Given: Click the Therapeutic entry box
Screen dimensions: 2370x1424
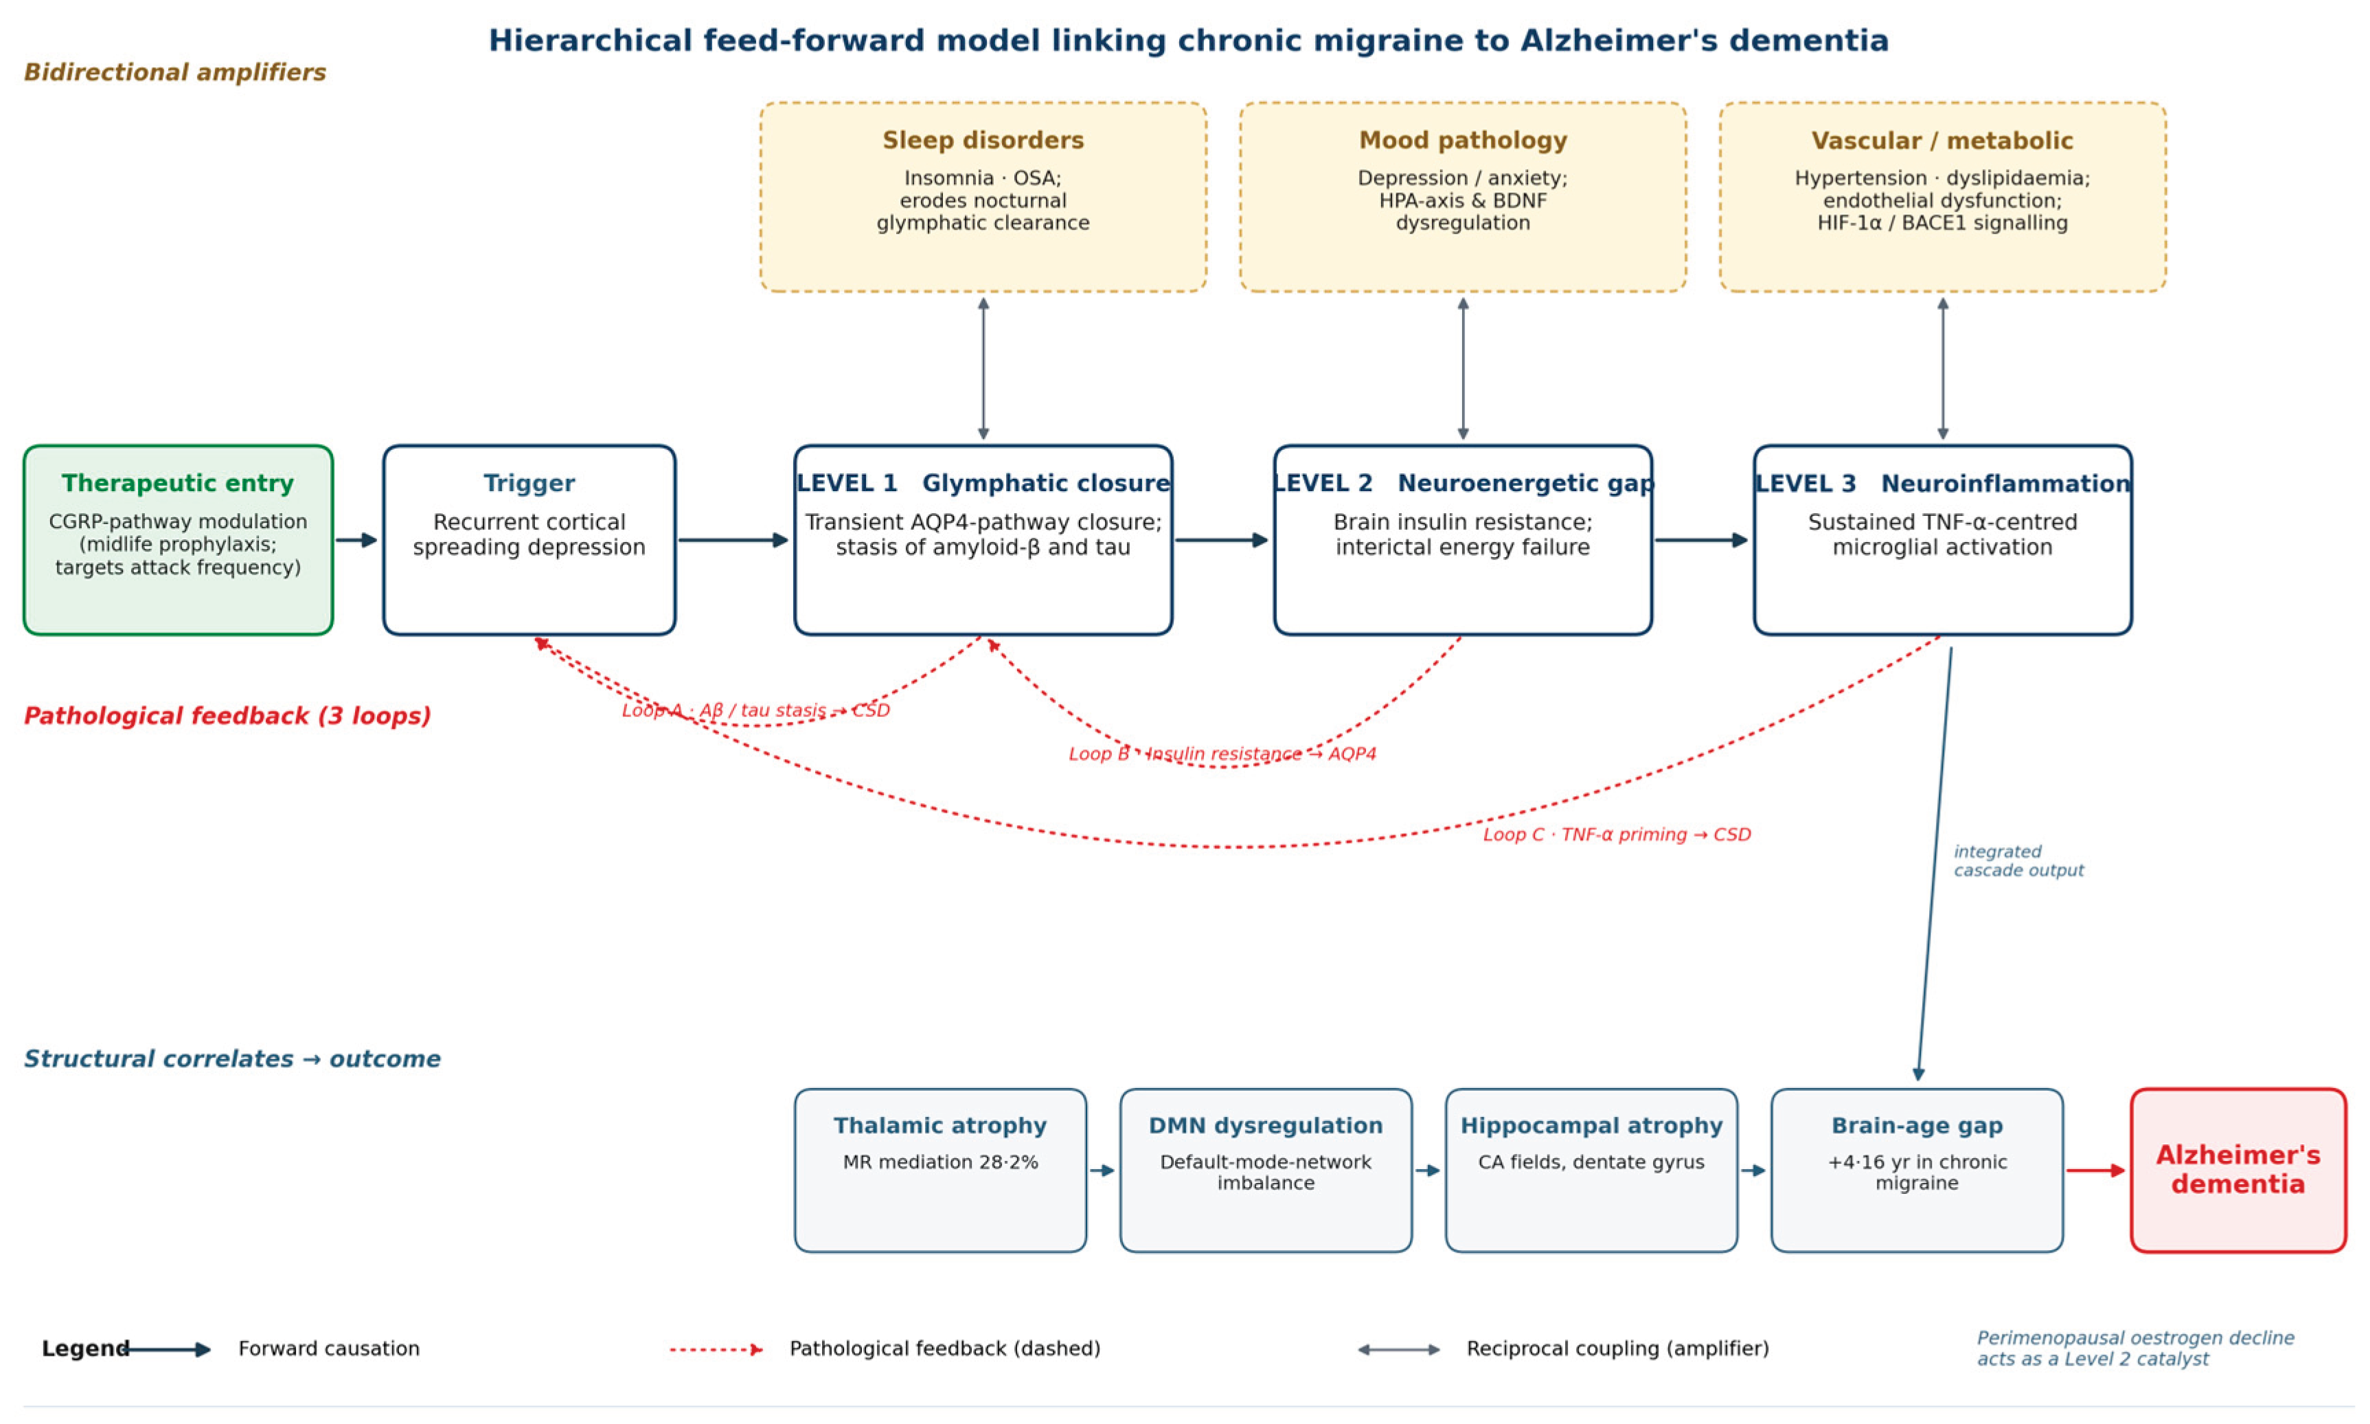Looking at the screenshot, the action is (179, 539).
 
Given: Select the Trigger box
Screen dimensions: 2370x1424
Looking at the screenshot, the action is (529, 539).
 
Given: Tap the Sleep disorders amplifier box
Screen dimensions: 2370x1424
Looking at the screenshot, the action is (983, 196).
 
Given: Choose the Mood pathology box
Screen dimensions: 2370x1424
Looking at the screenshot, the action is (1463, 196).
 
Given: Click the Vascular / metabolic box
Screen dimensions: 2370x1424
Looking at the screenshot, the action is (1942, 196).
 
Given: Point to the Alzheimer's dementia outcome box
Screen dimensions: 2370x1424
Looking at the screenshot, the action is (2237, 1170).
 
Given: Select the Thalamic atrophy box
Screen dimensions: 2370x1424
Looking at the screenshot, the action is (940, 1170).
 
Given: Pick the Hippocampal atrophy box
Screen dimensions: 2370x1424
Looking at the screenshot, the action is (1591, 1170).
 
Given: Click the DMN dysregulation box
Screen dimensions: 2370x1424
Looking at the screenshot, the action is (1266, 1170).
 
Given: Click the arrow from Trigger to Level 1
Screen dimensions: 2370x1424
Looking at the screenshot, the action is (733, 540).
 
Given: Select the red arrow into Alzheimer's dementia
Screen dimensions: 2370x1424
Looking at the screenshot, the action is (2096, 1171).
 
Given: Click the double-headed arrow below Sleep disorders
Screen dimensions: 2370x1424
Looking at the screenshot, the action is (983, 368).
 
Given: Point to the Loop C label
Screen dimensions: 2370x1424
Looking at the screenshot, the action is (1617, 835).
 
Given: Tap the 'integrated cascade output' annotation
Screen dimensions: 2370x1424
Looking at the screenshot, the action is (2018, 861).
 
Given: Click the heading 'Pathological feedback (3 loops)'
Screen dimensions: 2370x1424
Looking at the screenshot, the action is (227, 716).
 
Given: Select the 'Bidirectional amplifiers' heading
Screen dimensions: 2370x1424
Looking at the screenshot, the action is (174, 72).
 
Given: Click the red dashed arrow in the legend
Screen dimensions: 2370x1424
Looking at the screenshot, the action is (716, 1349).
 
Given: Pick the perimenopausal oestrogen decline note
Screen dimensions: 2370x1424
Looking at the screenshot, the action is (2135, 1348).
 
